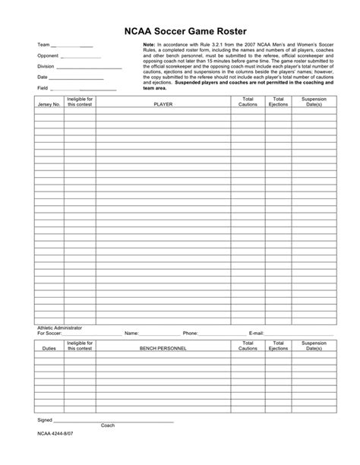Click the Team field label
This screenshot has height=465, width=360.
click(x=44, y=46)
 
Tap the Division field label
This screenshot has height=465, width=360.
click(x=46, y=66)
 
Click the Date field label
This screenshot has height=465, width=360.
click(x=43, y=77)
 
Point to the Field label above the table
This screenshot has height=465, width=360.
click(x=43, y=88)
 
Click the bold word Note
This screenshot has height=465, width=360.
click(x=149, y=46)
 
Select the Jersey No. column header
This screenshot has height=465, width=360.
click(x=49, y=104)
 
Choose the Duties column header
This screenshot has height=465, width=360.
click(x=49, y=348)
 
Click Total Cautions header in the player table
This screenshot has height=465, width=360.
click(x=248, y=102)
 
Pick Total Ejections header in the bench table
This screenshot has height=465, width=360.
click(x=279, y=346)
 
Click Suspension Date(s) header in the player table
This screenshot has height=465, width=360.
click(x=314, y=102)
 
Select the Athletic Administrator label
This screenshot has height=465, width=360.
click(x=60, y=327)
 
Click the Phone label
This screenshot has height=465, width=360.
click(x=190, y=333)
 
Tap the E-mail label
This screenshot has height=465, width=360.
click(x=256, y=333)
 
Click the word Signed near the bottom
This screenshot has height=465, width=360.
click(x=45, y=419)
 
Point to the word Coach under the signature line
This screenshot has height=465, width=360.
click(x=108, y=425)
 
